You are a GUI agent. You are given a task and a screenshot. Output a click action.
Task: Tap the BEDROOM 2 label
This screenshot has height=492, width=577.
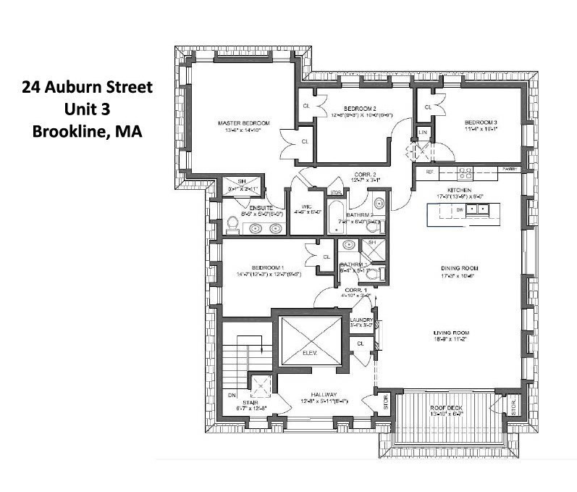[x=358, y=108]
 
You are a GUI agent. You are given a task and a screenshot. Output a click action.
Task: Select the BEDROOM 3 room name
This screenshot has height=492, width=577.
[x=481, y=122]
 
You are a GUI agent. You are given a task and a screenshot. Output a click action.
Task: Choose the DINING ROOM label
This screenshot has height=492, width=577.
[x=460, y=268]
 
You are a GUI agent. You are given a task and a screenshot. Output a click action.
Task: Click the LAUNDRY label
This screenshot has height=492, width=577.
[x=361, y=320]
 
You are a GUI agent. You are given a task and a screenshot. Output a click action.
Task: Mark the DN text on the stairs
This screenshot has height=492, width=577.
[x=232, y=395]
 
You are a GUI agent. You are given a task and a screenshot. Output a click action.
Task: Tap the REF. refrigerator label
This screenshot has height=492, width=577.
[x=429, y=172]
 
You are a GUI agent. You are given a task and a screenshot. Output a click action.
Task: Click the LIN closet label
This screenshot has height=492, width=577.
[x=422, y=132]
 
